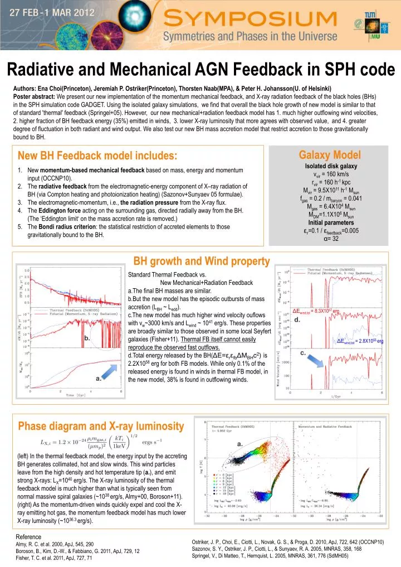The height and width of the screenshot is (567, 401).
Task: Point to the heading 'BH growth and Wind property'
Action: tap(202, 260)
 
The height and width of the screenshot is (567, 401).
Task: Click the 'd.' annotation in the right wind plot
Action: tap(297, 320)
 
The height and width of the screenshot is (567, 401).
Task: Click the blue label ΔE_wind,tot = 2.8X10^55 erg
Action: tap(372, 341)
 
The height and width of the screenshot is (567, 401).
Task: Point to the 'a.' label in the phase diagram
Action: tap(240, 444)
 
